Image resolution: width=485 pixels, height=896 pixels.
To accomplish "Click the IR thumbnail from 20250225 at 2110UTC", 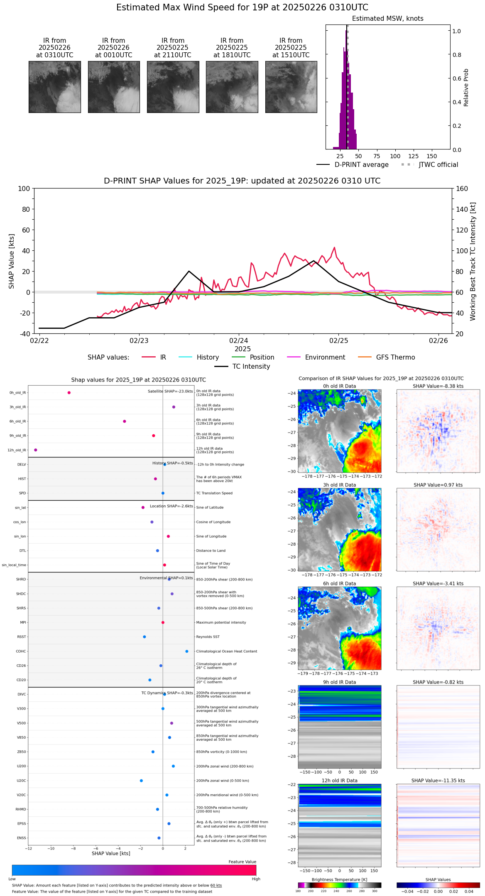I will (x=173, y=87).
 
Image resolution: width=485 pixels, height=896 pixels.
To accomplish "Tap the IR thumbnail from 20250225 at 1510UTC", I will (x=291, y=87).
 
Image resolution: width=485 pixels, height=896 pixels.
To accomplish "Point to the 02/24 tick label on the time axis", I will (x=239, y=341).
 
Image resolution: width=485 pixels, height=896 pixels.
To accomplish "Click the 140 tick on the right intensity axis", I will (x=462, y=209).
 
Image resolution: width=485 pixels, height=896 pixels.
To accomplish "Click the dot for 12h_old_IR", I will (x=36, y=450).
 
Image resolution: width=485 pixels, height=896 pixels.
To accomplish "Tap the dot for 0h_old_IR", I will (x=69, y=393).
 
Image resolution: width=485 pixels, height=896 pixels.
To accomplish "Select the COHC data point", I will (x=187, y=651).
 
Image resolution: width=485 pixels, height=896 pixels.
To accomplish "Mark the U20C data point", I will (x=141, y=781).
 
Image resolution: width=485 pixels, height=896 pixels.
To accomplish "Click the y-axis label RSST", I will (x=21, y=637).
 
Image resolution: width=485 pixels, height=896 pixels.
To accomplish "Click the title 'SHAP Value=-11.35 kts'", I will (x=438, y=781).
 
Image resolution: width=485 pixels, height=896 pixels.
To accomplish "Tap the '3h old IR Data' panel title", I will (x=339, y=485).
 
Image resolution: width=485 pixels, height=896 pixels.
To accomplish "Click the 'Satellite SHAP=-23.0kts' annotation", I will (x=170, y=392).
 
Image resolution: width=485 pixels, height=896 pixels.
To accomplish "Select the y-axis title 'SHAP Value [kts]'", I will (x=12, y=261).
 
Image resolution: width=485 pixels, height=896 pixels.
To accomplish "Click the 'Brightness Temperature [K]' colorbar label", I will (x=339, y=879).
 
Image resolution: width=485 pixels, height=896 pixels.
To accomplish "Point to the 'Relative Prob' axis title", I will (x=466, y=87).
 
